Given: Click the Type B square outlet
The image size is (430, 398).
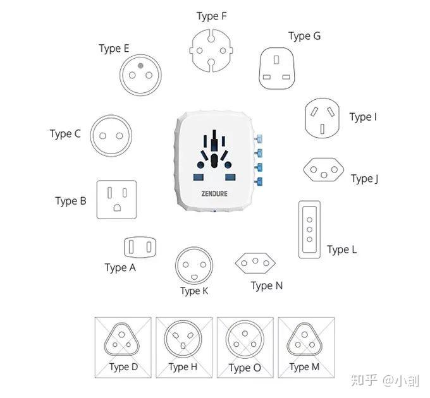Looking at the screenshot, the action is point(117,199).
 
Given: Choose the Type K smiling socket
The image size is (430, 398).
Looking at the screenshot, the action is point(195,265).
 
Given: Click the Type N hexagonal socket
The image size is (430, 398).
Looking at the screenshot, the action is point(256,262).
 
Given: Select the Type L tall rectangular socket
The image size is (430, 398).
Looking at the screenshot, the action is point(309,229).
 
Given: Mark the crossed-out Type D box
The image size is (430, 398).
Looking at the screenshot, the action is point(123,345).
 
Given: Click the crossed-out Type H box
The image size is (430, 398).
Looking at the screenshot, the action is point(183,345).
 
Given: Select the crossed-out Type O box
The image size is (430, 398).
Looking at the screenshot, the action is point(245,345).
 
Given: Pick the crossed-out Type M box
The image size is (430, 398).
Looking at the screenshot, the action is point(305,345).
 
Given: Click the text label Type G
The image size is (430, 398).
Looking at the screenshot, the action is point(304,36).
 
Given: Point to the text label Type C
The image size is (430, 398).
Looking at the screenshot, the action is point(65,134).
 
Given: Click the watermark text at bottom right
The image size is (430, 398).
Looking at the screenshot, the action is point(384,380).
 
